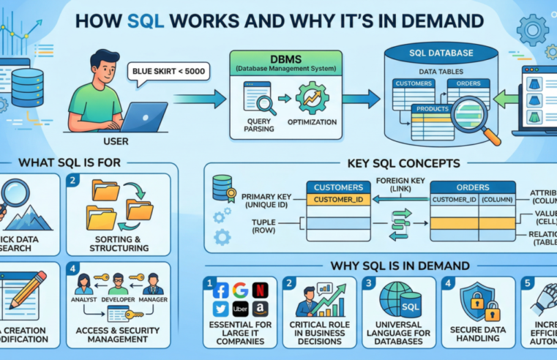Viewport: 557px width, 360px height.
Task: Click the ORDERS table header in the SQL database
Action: point(468,83)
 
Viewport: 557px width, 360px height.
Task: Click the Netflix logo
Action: point(259,290)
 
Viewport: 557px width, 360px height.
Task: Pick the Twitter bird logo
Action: point(221,309)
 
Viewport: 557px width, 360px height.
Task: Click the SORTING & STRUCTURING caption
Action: point(118,243)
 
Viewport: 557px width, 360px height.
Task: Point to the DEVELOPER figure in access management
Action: point(119,285)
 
